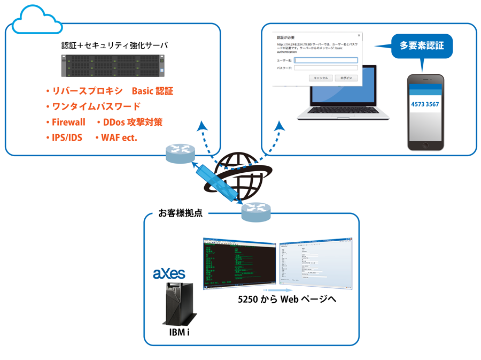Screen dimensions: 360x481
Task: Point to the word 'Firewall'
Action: pyautogui.click(x=68, y=122)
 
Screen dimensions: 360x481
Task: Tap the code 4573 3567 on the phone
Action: pyautogui.click(x=425, y=104)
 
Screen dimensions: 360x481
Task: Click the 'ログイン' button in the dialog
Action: pyautogui.click(x=346, y=78)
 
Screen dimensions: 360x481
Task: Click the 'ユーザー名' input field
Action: pyautogui.click(x=325, y=60)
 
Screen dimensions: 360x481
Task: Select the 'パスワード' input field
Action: pyautogui.click(x=325, y=68)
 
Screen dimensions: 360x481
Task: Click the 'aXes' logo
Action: pyautogui.click(x=169, y=274)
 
